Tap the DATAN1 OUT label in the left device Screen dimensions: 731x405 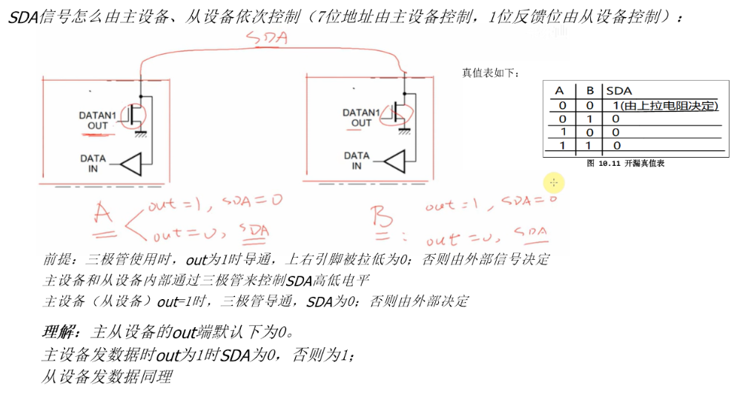coord(98,121)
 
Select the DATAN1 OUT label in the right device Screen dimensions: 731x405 coord(361,118)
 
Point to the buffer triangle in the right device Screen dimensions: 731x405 coord(396,161)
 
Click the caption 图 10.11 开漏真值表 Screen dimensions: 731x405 coord(625,163)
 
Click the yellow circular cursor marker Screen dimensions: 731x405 coord(554,182)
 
